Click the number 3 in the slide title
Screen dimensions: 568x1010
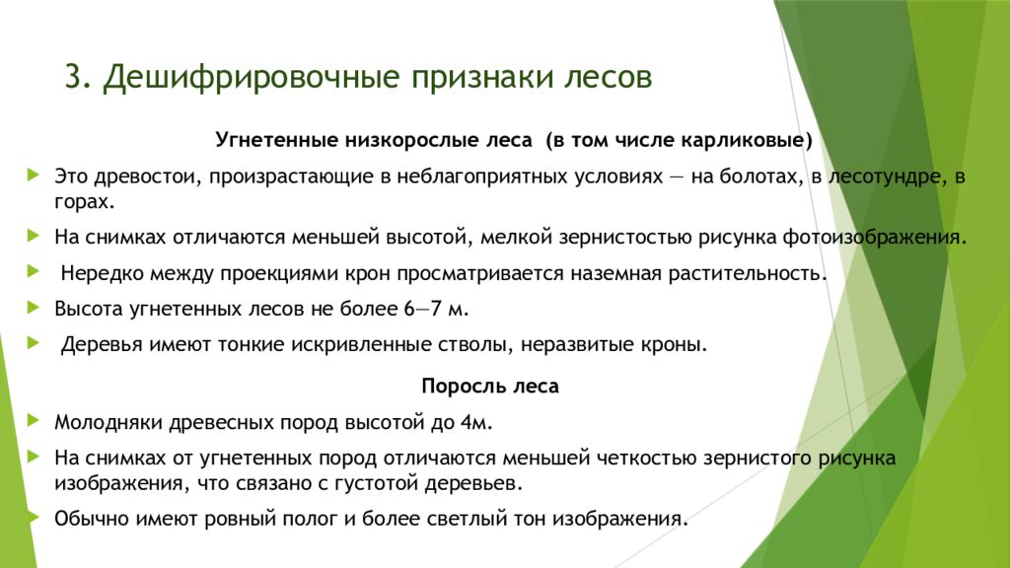72,78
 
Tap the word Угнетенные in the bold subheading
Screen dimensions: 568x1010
273,139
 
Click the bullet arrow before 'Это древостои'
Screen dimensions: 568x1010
36,176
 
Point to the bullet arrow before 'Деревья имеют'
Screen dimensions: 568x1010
36,343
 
